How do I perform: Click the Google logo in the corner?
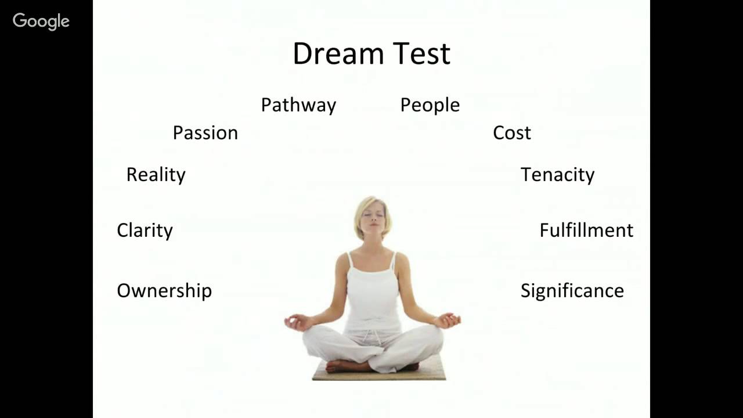point(41,21)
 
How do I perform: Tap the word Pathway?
point(298,105)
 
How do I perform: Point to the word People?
point(430,105)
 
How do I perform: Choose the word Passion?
point(205,133)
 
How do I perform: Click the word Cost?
point(511,133)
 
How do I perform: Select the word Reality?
point(156,175)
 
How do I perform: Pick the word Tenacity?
point(557,175)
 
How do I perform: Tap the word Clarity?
point(145,230)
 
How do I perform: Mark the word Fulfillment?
point(586,230)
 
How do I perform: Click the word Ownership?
point(164,291)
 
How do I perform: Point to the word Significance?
point(572,291)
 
